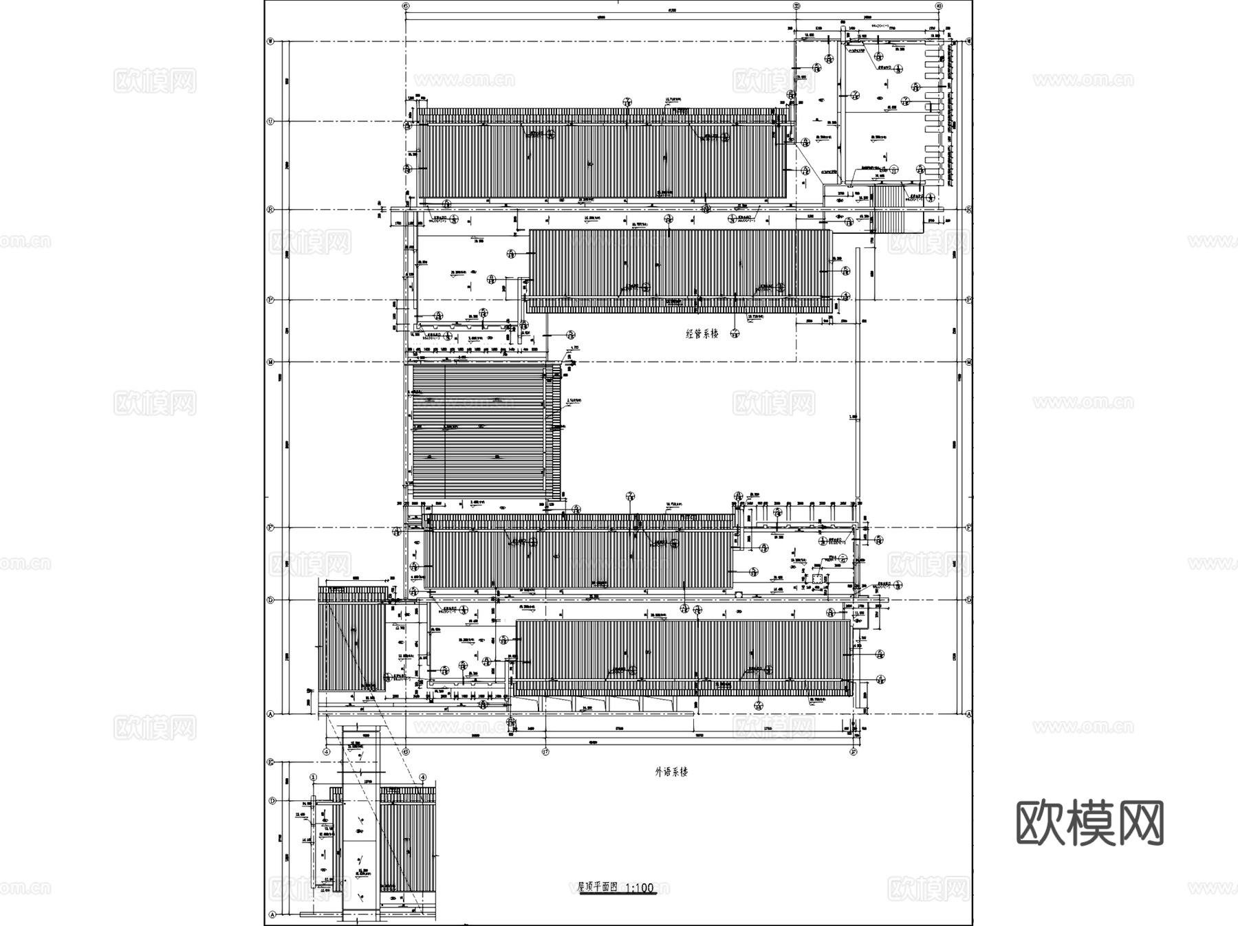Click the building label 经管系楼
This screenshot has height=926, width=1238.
click(x=702, y=333)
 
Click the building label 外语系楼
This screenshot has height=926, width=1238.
click(x=671, y=771)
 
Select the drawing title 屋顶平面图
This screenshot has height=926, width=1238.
click(x=598, y=887)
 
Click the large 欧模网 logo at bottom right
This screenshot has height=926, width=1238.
click(x=1089, y=823)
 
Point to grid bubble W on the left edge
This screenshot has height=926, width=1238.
click(x=270, y=41)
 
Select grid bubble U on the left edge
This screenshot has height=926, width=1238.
click(x=270, y=121)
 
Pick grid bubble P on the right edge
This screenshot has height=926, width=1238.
click(x=969, y=300)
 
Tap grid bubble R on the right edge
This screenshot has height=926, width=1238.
click(x=969, y=209)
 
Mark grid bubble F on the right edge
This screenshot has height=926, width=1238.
click(x=969, y=527)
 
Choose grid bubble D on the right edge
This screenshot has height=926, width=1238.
click(x=969, y=599)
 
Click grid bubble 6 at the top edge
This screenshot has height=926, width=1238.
click(x=406, y=5)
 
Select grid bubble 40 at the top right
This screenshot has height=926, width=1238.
click(x=940, y=5)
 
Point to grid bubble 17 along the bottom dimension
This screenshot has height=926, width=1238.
click(x=545, y=751)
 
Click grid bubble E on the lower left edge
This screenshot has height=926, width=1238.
click(x=271, y=762)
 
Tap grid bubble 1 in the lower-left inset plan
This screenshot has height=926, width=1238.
click(x=313, y=778)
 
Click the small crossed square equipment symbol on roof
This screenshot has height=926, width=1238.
click(x=816, y=580)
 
